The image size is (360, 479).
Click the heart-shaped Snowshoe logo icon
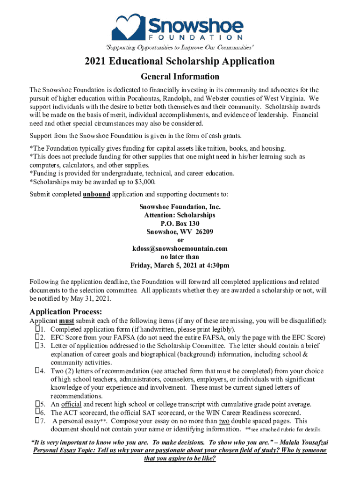click(127, 27)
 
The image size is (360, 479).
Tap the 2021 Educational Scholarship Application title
click(180, 61)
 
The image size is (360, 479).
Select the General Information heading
click(180, 76)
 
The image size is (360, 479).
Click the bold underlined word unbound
click(96, 194)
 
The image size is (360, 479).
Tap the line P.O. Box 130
click(180, 223)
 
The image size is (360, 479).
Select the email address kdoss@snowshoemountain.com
click(180, 248)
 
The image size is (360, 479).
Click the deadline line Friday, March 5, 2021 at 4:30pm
click(180, 265)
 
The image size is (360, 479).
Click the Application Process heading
click(65, 312)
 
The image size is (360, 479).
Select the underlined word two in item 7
click(224, 421)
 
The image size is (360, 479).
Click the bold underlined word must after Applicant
click(66, 321)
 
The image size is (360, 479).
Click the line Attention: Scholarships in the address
click(180, 215)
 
